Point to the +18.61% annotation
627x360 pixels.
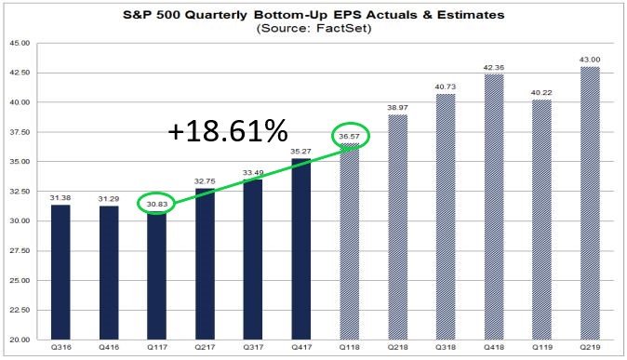click(x=228, y=132)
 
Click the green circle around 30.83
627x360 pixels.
click(x=157, y=203)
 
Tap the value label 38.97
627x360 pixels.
click(x=398, y=108)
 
